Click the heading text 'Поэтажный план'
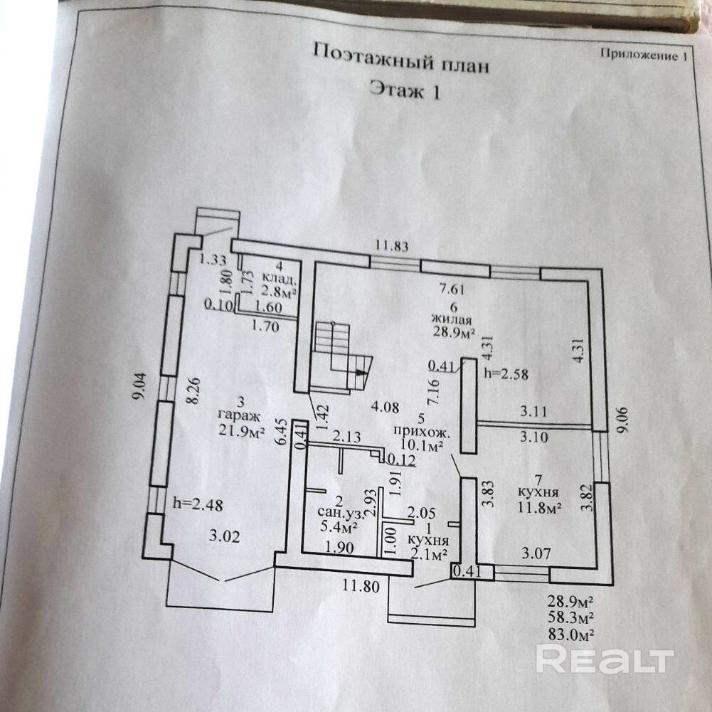click(x=401, y=58)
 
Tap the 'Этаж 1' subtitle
click(x=405, y=90)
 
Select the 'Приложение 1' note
click(x=644, y=55)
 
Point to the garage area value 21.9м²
click(x=241, y=430)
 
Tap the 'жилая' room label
click(x=452, y=319)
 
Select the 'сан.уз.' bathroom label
click(x=340, y=513)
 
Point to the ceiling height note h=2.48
click(x=198, y=504)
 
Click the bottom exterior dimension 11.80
click(x=361, y=586)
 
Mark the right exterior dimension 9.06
click(x=622, y=420)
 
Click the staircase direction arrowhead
click(x=361, y=372)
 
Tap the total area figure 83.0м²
click(x=571, y=634)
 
